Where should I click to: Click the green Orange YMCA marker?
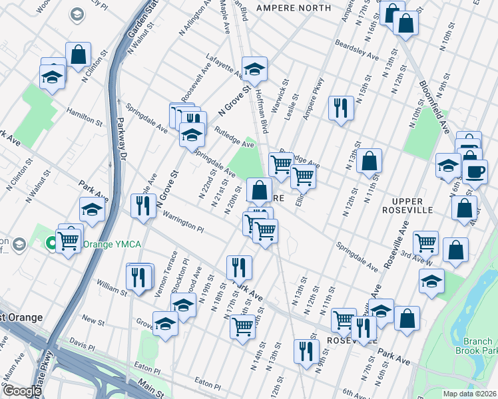click(50, 244)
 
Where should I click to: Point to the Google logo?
click(21, 391)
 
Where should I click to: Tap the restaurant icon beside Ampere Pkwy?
click(341, 108)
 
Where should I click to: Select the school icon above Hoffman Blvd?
click(254, 68)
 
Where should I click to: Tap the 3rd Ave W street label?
click(417, 260)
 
